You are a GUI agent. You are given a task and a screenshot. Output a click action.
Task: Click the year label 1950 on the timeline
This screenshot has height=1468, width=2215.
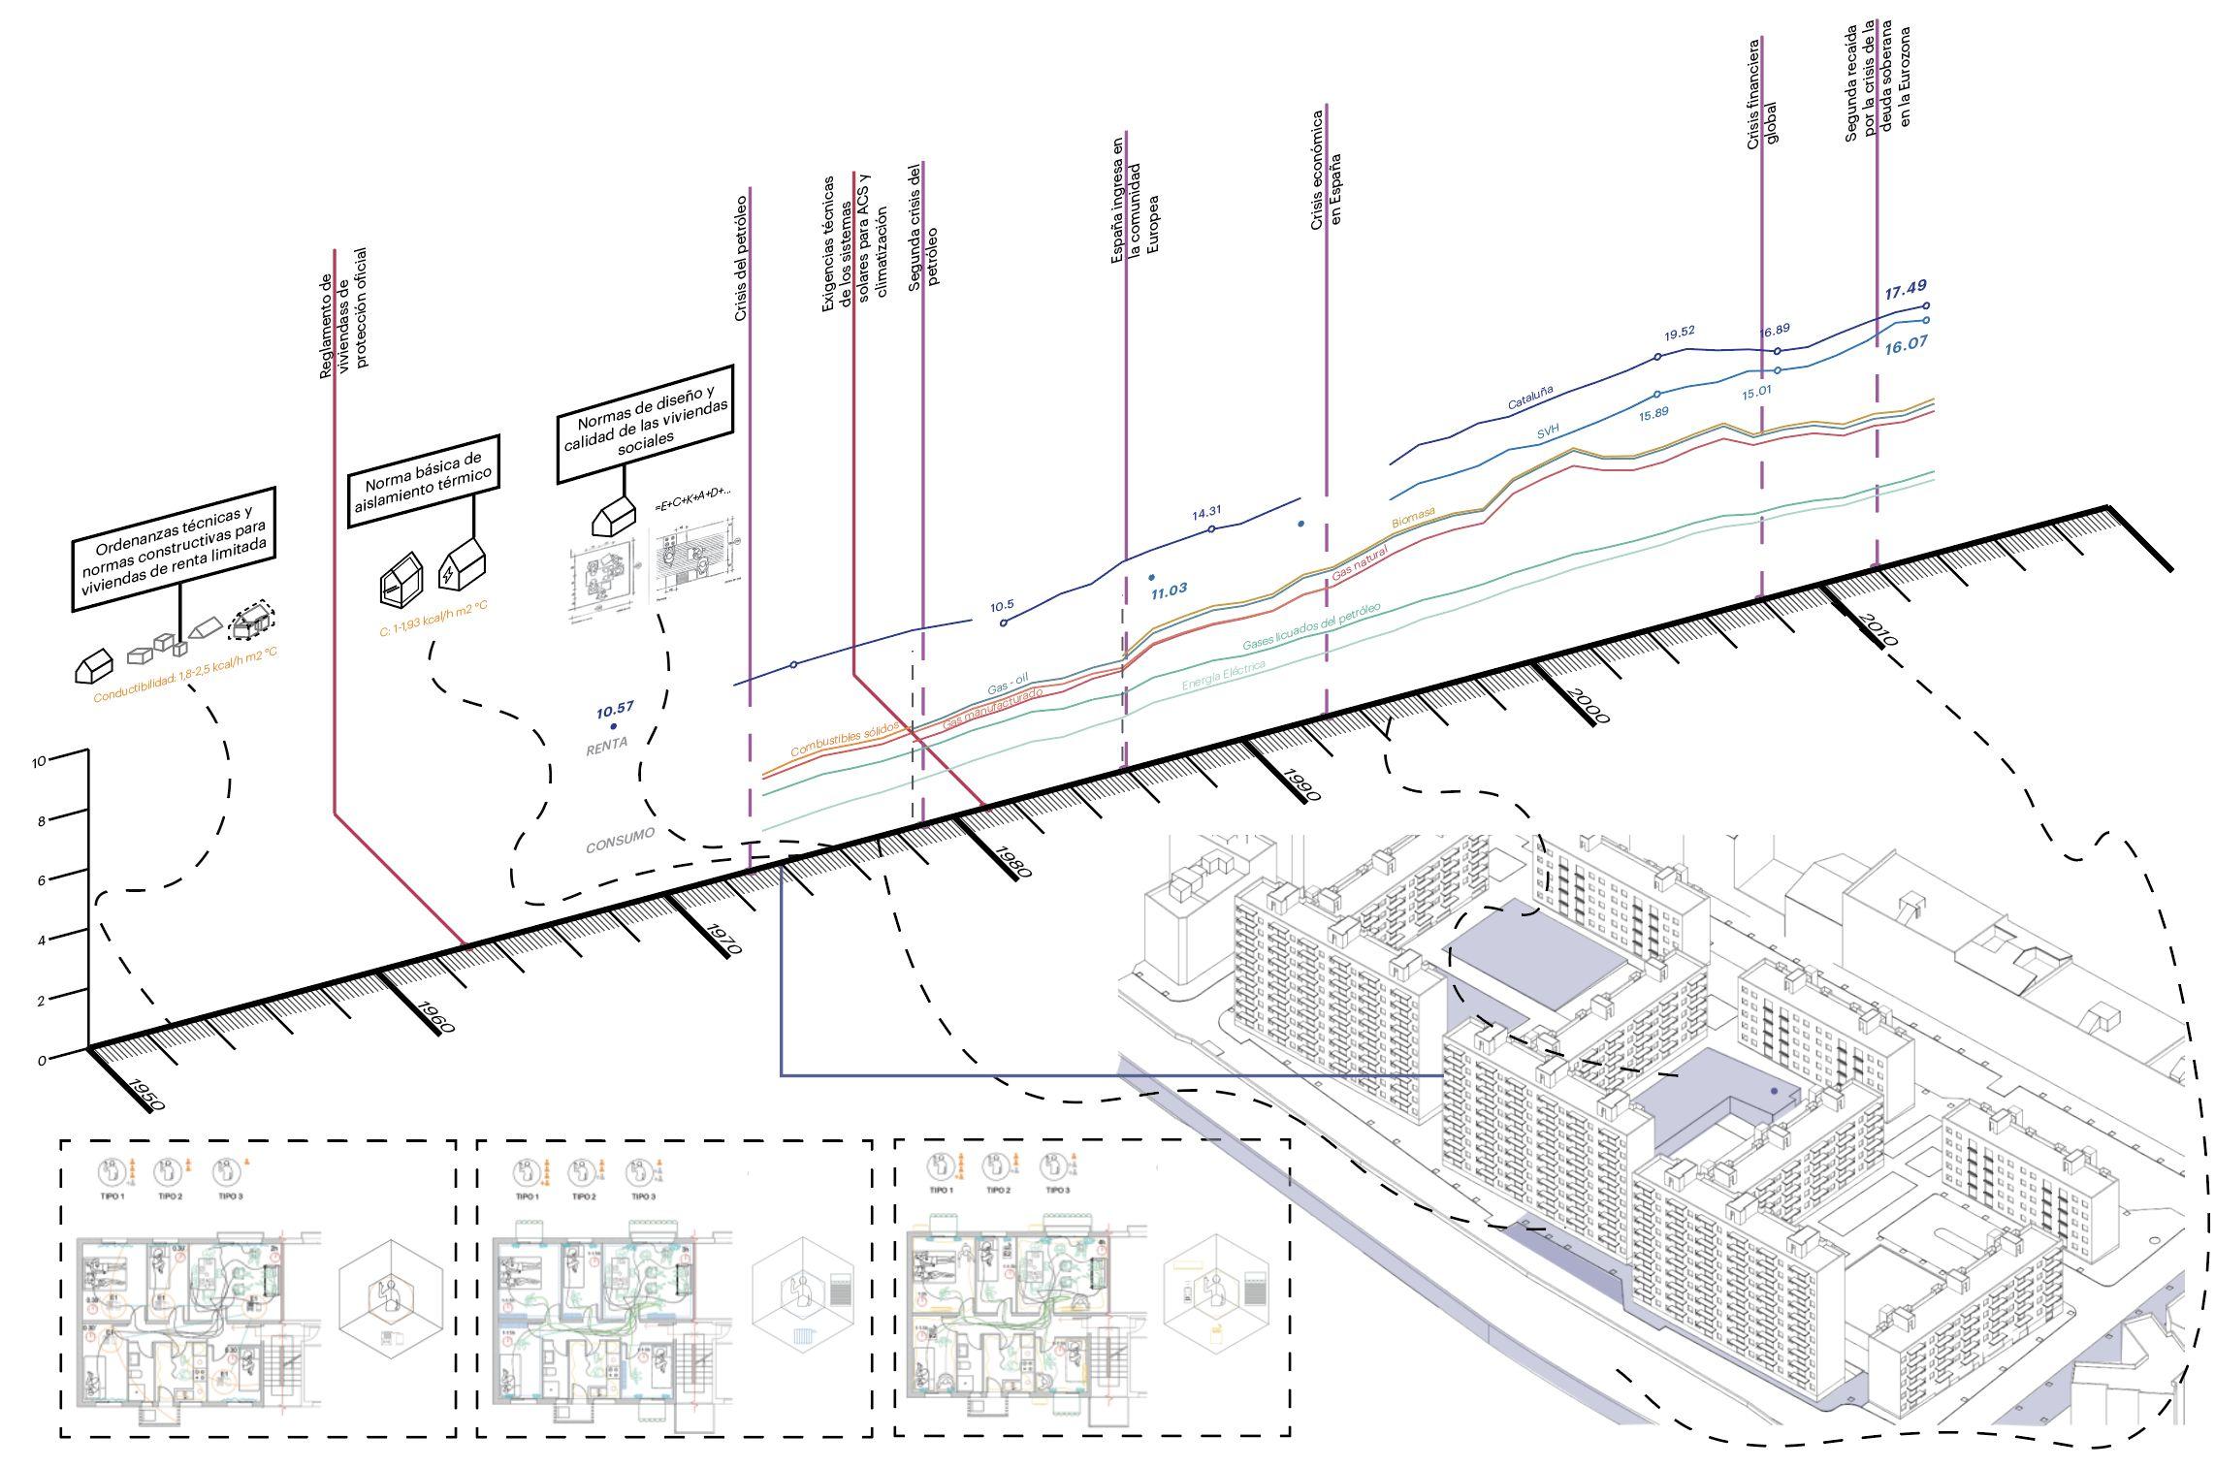tap(145, 1093)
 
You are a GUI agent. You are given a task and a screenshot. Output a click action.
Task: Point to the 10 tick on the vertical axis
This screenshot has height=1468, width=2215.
tap(40, 762)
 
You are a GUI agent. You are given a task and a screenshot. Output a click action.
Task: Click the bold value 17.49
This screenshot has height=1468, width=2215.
tap(1905, 288)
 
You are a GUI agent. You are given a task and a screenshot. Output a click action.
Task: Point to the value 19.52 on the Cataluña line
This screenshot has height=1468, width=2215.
tap(1680, 334)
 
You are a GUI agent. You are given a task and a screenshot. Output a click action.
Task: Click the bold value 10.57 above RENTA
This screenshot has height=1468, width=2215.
tap(616, 708)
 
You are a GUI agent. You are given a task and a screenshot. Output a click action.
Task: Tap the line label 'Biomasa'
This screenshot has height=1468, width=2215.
tap(1413, 520)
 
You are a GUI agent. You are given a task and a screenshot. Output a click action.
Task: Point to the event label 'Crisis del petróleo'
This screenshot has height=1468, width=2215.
tap(740, 258)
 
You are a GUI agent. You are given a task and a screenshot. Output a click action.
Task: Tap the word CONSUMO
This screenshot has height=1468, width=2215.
tap(620, 839)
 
